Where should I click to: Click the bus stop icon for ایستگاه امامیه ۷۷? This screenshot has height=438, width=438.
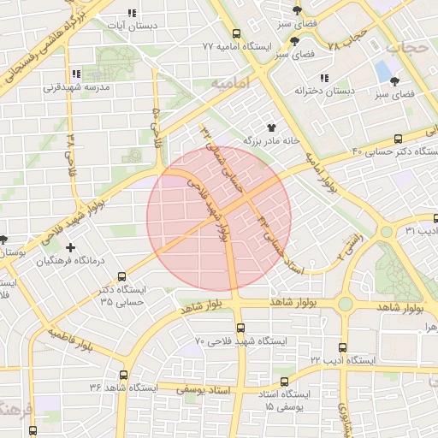[x=265, y=44]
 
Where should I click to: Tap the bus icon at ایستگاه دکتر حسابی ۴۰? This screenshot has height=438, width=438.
[x=398, y=139]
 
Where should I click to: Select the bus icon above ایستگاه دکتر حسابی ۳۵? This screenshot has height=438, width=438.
[x=121, y=276]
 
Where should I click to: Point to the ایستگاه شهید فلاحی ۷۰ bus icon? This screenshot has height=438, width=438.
[x=240, y=328]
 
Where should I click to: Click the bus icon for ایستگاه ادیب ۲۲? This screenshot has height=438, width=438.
[x=342, y=348]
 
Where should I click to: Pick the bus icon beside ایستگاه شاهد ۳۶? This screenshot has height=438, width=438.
[x=124, y=375]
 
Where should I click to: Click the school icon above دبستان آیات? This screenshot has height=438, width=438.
[x=131, y=14]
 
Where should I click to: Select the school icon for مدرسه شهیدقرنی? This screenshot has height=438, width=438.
[x=76, y=74]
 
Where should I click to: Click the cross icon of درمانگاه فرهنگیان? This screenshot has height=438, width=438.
[x=70, y=247]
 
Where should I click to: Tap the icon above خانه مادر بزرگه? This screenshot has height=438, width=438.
[x=274, y=127]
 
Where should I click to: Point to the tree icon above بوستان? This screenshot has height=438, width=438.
[x=4, y=240]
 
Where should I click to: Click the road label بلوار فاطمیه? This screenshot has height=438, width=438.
[x=71, y=339]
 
